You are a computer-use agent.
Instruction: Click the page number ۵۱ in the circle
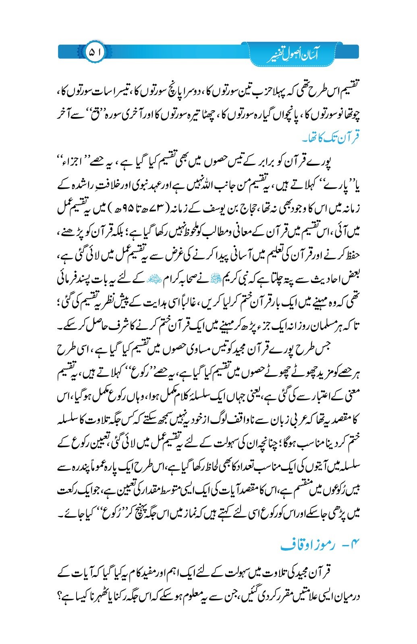click(95, 52)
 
